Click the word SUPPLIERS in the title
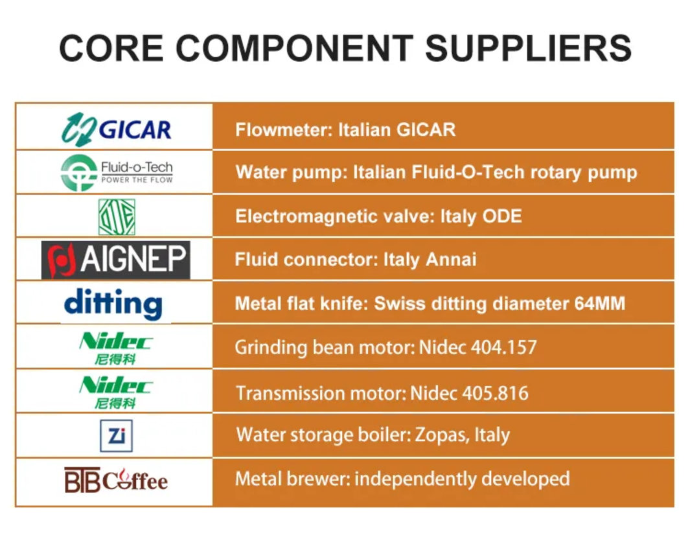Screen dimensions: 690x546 (x=528, y=48)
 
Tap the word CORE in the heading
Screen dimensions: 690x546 (x=111, y=48)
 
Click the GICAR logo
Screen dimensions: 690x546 (x=116, y=130)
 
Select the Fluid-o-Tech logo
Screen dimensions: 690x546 (x=117, y=172)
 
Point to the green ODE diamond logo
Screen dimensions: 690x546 (x=117, y=217)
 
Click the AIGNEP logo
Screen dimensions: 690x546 (x=116, y=260)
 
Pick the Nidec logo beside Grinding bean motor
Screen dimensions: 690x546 (x=116, y=348)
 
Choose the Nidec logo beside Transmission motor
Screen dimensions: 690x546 (x=116, y=392)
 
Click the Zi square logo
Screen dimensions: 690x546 (x=116, y=435)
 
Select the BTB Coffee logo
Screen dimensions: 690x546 (x=116, y=480)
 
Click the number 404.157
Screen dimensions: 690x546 (x=504, y=348)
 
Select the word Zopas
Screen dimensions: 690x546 (x=442, y=435)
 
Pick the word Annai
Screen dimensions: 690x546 (x=451, y=259)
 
